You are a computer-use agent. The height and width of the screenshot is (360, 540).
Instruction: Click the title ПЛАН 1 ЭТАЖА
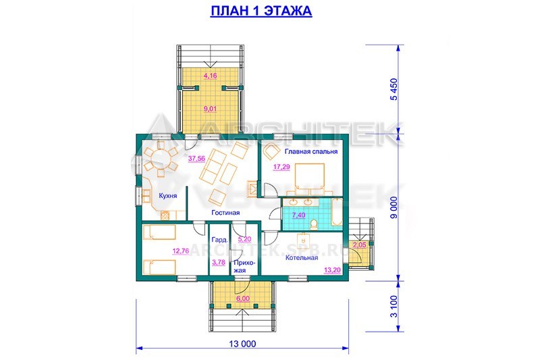[x=261, y=11]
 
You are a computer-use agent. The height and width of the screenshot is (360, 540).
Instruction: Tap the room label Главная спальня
[x=311, y=151]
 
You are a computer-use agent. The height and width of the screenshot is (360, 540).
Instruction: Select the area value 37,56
[x=196, y=159]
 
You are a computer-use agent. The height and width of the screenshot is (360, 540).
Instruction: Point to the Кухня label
[x=167, y=196]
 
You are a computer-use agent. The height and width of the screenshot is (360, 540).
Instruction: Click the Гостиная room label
[x=225, y=213]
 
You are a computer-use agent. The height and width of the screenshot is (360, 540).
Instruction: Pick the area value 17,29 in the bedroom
[x=281, y=167]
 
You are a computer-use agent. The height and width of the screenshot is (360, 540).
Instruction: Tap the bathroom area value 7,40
[x=298, y=215]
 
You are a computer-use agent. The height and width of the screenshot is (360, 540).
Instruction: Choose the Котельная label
[x=302, y=257]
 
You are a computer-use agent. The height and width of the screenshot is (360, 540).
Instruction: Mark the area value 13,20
[x=332, y=270]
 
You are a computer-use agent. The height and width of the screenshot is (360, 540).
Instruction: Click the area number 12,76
[x=181, y=251]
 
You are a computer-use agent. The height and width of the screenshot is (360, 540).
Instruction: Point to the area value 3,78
[x=219, y=262]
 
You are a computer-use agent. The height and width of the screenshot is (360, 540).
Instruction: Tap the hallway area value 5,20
[x=244, y=239]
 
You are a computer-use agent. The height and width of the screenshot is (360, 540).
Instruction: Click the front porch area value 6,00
[x=243, y=299]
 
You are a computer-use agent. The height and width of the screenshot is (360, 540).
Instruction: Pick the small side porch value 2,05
[x=360, y=245]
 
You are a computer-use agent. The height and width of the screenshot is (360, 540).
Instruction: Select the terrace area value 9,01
[x=210, y=109]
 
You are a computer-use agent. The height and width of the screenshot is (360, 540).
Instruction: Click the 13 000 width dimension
[x=242, y=344]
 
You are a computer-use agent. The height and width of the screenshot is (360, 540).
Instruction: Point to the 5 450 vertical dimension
[x=394, y=89]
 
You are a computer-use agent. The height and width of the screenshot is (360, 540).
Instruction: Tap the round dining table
[x=161, y=159]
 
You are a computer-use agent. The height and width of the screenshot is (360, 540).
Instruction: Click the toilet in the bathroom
[x=314, y=225]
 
